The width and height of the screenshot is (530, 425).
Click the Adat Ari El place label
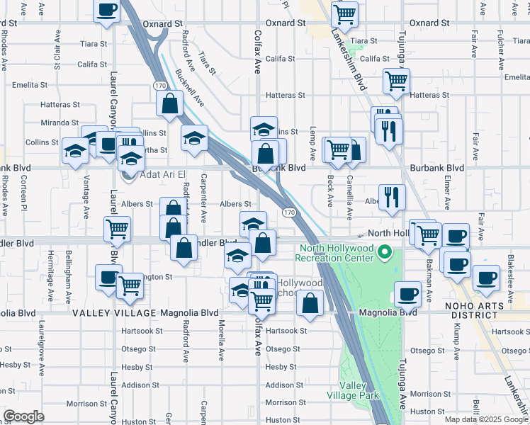(x=162, y=174)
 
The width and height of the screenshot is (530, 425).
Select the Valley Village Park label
(x=352, y=390)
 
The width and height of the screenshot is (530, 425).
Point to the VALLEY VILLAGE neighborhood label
(x=113, y=312)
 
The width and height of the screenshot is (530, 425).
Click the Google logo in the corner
(x=23, y=416)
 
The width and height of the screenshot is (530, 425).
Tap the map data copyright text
(x=486, y=419)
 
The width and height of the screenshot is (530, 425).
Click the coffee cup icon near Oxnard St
(x=107, y=10)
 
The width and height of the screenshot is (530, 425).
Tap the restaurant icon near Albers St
(x=392, y=198)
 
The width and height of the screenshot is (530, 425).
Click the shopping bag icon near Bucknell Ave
(x=170, y=103)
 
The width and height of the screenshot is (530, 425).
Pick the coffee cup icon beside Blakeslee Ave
(x=486, y=278)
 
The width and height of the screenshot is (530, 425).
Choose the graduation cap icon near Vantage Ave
(x=75, y=151)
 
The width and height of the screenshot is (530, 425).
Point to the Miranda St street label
(x=59, y=123)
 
